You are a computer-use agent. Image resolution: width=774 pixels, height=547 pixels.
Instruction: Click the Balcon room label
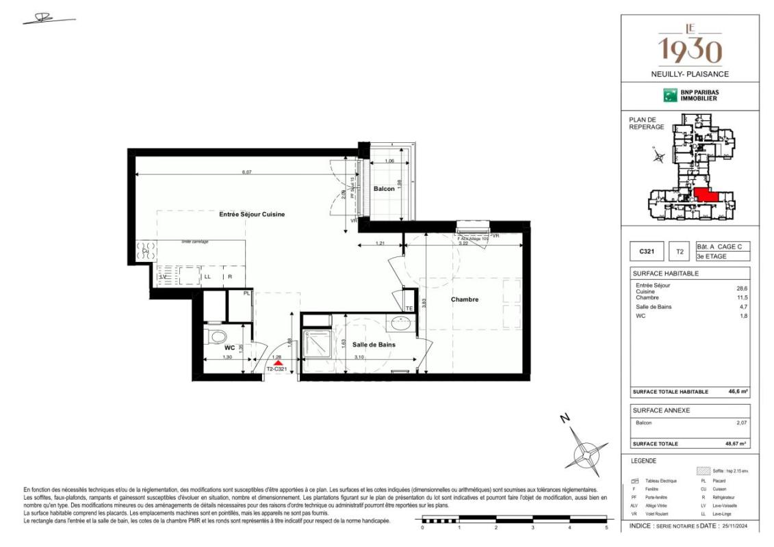(x=385, y=189)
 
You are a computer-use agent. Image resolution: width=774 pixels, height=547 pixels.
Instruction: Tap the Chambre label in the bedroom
(x=464, y=299)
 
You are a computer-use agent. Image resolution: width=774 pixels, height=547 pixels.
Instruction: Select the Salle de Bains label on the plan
(x=374, y=345)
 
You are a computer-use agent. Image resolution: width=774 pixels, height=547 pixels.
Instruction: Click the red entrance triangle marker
(x=278, y=364)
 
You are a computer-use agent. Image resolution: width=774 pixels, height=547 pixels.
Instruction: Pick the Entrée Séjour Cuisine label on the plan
(x=252, y=214)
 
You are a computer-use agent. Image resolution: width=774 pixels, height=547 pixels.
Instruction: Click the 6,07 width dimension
(x=246, y=172)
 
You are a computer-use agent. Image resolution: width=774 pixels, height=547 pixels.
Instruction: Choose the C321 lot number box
(x=647, y=252)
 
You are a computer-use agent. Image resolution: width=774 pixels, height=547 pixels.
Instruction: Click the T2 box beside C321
(x=680, y=252)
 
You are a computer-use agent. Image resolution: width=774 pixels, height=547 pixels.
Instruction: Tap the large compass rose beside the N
(x=586, y=451)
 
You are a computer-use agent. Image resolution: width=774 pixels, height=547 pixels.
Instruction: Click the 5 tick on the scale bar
(x=606, y=528)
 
